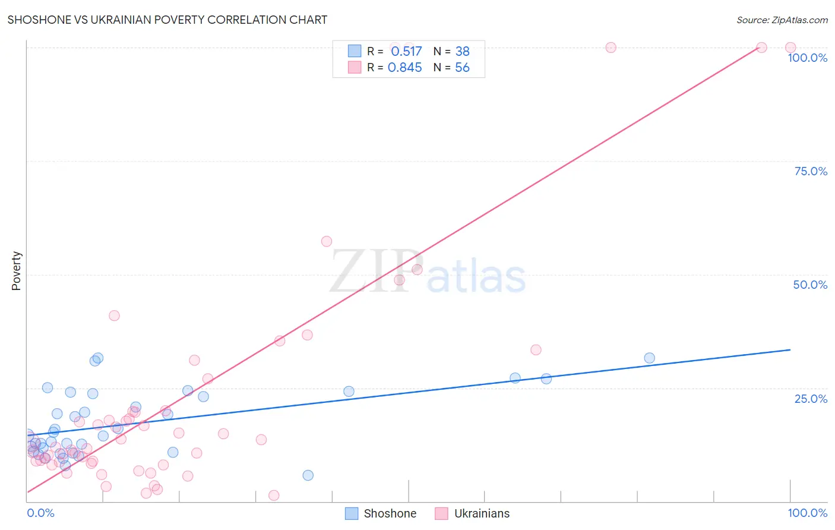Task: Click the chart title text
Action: (x=167, y=20)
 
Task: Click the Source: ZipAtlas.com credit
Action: (x=782, y=20)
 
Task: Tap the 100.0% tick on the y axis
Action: (x=807, y=58)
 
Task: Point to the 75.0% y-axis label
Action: (x=811, y=171)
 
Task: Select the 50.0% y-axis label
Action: (x=810, y=285)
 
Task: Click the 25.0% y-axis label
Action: (x=811, y=399)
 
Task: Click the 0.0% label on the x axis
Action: (x=40, y=513)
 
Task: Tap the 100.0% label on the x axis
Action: (x=807, y=513)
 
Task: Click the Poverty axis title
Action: (x=16, y=270)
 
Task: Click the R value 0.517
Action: (x=406, y=51)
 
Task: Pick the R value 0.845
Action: (x=405, y=67)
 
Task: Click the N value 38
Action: (x=462, y=51)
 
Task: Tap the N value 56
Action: (x=462, y=67)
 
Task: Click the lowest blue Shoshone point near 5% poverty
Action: (x=308, y=475)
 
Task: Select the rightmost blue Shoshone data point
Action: (x=649, y=358)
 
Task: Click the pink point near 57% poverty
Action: (x=326, y=241)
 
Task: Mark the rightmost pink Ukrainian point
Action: (x=790, y=48)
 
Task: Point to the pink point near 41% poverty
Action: (x=114, y=316)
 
